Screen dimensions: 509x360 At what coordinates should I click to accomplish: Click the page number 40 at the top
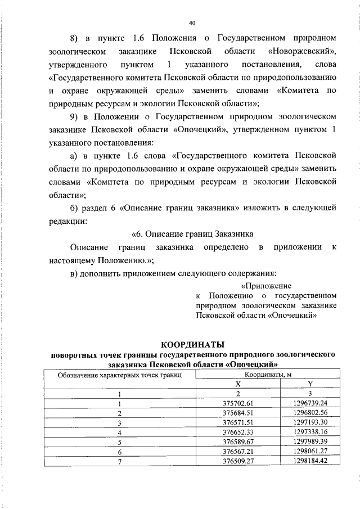192,23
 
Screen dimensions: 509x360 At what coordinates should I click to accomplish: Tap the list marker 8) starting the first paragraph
75,38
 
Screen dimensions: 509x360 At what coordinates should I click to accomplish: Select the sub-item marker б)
75,208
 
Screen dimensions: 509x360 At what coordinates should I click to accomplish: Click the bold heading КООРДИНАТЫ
193,344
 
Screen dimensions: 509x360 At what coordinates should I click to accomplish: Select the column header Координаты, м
267,374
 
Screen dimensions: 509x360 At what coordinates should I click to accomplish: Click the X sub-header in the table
238,383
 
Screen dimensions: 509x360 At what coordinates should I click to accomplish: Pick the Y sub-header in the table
310,383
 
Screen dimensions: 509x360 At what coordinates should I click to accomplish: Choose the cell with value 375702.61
238,403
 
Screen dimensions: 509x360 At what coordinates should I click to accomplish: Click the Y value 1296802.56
310,412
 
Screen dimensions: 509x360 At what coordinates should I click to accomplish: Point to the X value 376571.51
238,422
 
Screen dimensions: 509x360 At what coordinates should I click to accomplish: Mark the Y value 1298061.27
310,451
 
